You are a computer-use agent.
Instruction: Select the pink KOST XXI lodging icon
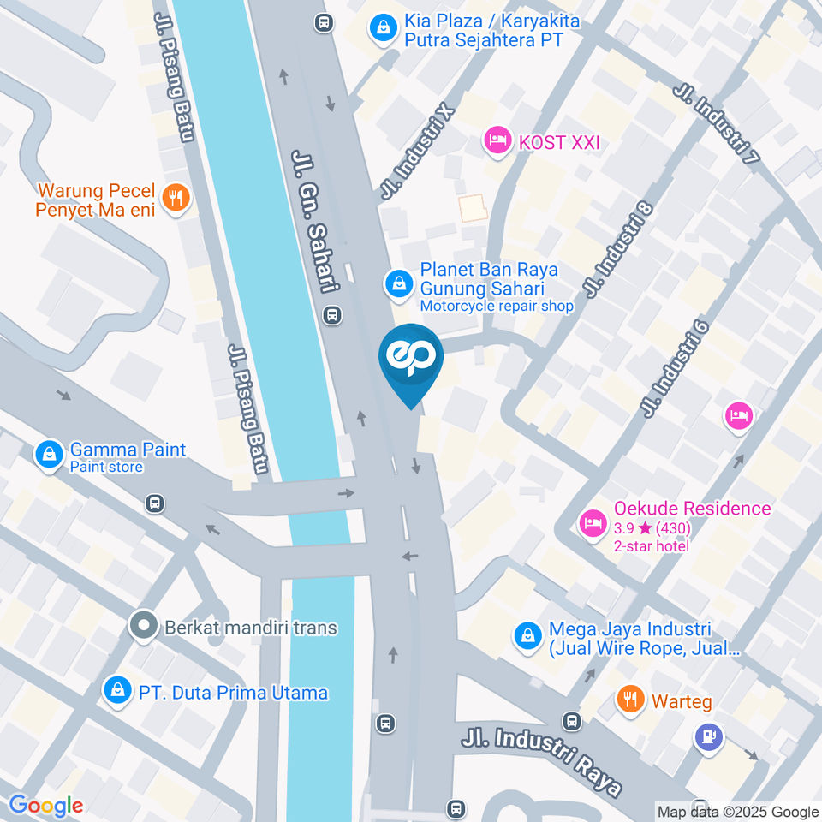[497, 141]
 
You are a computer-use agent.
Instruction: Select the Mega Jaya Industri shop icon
[527, 635]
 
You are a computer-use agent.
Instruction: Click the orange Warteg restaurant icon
[631, 700]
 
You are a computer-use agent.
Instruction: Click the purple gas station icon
[709, 737]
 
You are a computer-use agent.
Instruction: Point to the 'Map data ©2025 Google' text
[738, 812]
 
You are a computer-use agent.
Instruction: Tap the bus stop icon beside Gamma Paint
[154, 503]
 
